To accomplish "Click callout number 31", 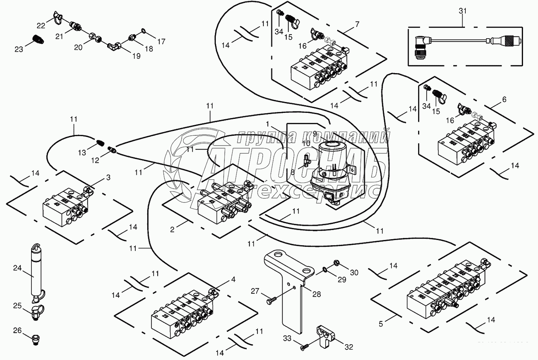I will point(463,11).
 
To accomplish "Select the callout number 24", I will point(18,268).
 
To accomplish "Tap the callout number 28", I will point(317,294).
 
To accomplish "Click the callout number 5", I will point(381,324).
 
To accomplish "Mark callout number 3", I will point(108,178).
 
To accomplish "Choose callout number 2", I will point(172,229).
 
